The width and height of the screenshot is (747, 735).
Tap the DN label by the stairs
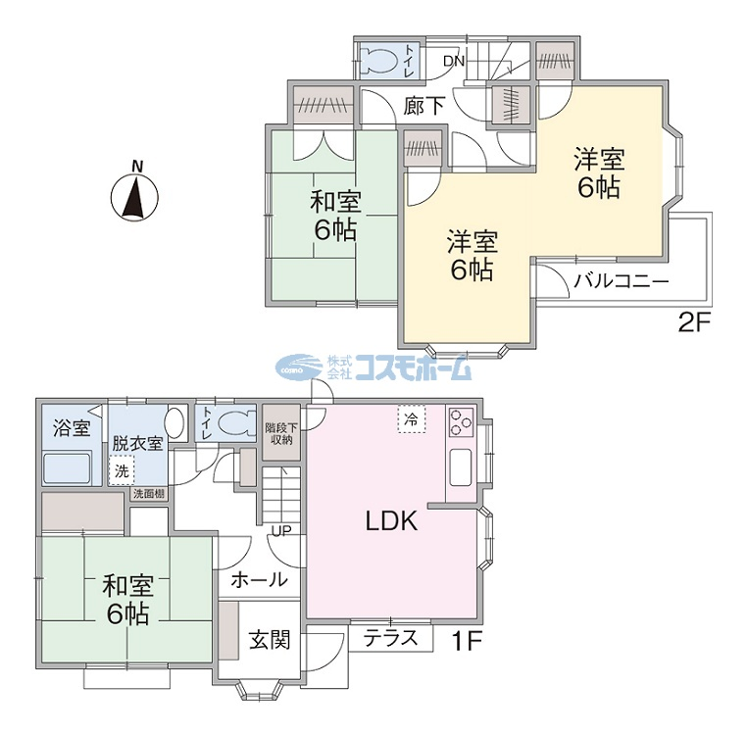pos(453,61)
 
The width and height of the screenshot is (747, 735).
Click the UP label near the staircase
pos(281,530)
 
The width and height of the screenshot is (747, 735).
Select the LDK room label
pos(391,520)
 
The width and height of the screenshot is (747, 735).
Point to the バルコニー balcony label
pos(622,281)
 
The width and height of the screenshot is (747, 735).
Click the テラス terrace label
pos(390,638)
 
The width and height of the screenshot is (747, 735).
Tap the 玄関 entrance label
pos(270,640)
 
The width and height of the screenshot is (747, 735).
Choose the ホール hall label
pos(260,580)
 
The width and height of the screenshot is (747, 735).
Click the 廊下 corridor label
pos(424,106)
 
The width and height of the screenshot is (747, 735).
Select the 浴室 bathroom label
pos(72,427)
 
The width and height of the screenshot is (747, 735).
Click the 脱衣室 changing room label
pos(137,443)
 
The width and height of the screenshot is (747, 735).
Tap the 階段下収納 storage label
pos(281,433)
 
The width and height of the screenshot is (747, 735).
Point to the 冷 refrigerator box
pos(412,419)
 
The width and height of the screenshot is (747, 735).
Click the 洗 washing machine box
pos(122,471)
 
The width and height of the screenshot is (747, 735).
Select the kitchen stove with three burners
pos(460,422)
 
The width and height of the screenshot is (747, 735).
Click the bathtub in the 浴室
pos(67,468)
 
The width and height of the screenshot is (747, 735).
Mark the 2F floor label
pos(694,324)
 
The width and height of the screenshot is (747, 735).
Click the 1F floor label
pos(467,641)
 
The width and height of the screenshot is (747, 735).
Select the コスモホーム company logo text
pos(413,368)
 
